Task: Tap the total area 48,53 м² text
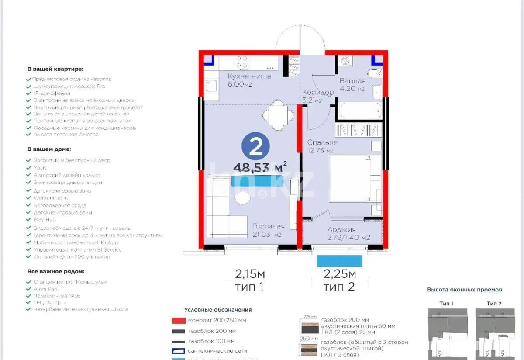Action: (259, 167)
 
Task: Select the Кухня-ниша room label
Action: (249, 76)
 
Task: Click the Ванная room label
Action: (352, 81)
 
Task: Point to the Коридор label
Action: (318, 92)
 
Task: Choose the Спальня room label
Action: (322, 143)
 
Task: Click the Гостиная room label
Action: (269, 226)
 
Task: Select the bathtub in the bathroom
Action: (359, 111)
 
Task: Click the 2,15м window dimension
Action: (250, 274)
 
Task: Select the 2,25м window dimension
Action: (340, 274)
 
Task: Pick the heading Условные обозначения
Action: (218, 309)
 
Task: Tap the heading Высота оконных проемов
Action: (464, 289)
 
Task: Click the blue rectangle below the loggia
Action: (339, 261)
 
